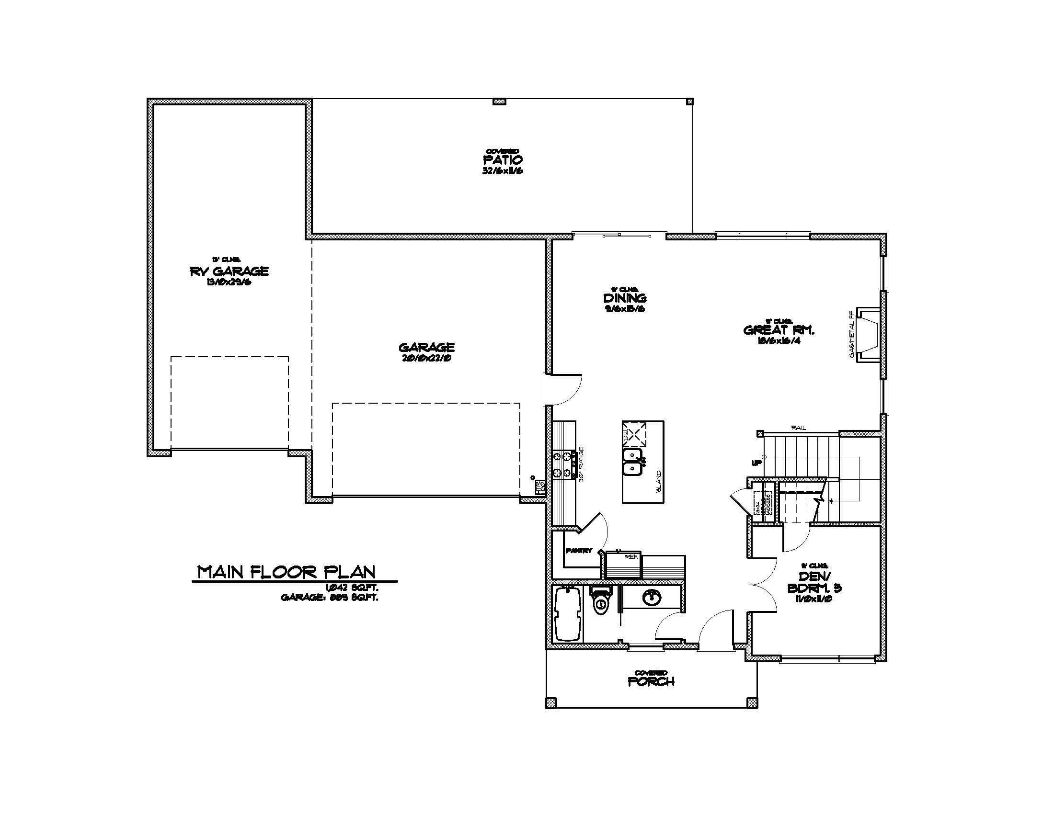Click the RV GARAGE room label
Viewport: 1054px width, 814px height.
click(x=229, y=271)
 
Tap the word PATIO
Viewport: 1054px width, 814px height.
click(x=503, y=159)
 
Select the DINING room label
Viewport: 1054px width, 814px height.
click(x=625, y=298)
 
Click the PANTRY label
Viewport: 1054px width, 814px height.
click(x=579, y=550)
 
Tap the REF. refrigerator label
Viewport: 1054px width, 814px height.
click(x=631, y=556)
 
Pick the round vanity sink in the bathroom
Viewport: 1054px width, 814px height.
click(x=652, y=598)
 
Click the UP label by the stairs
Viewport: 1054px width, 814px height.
click(x=756, y=463)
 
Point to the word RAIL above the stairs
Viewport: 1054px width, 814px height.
click(x=799, y=428)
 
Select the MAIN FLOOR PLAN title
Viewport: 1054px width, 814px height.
click(x=286, y=572)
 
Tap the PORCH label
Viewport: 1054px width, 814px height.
click(x=651, y=682)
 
